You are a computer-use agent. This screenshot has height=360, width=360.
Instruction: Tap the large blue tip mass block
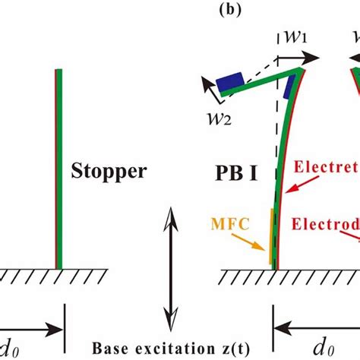(x=229, y=82)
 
